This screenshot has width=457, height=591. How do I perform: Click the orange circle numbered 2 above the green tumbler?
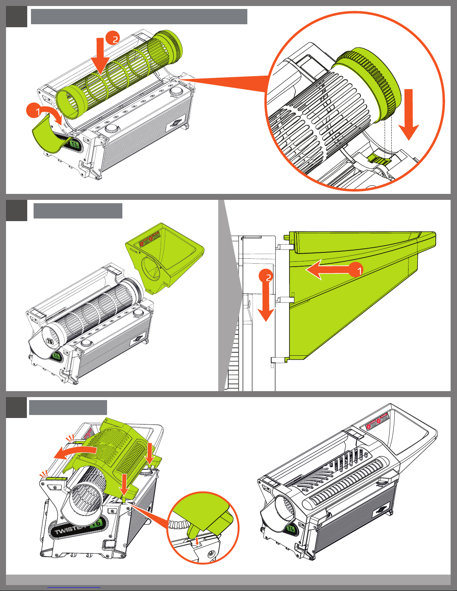tap(112, 38)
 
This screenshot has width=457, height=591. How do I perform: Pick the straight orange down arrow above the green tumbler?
tap(100, 54)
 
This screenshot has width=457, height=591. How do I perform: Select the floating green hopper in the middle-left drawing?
tap(164, 258)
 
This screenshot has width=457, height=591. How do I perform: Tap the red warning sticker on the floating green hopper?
tap(149, 238)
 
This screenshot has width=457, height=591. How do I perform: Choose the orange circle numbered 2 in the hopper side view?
tap(267, 277)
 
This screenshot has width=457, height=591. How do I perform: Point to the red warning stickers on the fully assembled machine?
tap(377, 421)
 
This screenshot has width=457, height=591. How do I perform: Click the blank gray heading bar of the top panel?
tap(139, 17)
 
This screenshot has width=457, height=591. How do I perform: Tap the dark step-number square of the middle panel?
tap(16, 210)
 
